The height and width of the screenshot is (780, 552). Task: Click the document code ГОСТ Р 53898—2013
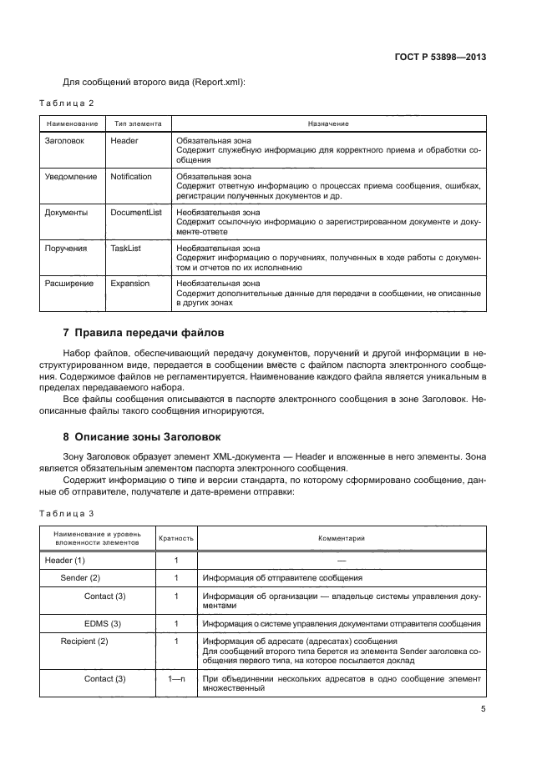pos(440,58)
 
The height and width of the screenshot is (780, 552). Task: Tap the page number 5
pos(484,710)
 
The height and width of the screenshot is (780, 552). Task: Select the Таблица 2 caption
pos(67,103)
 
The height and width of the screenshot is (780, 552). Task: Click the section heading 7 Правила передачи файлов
pos(144,333)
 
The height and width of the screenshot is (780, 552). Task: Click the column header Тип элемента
pos(138,123)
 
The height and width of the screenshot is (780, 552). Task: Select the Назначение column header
pos(327,123)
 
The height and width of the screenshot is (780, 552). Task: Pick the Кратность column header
pos(176,539)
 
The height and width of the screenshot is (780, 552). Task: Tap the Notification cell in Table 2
pos(131,177)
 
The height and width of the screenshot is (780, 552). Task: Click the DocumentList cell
pos(136,213)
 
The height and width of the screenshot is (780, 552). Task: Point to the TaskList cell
pos(125,249)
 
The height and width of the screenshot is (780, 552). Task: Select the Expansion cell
pos(129,284)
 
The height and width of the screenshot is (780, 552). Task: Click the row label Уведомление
pos(70,177)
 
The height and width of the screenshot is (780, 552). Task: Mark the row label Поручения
pos(66,249)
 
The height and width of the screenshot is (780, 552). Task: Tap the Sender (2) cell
pos(80,577)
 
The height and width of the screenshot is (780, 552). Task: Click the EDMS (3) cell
pos(103,623)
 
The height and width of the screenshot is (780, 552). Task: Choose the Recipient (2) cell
pos(84,641)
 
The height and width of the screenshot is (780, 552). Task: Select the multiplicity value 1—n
pos(176,679)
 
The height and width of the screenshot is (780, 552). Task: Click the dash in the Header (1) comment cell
pos(341,561)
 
